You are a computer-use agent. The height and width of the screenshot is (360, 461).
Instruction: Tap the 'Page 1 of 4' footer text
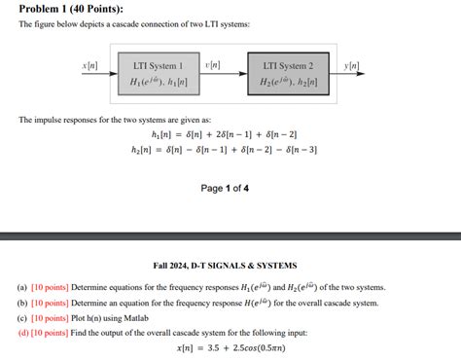point(225,188)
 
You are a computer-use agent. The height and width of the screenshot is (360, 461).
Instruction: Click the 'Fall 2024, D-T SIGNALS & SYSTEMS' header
point(225,265)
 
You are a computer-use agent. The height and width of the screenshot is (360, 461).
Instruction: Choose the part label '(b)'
point(22,303)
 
